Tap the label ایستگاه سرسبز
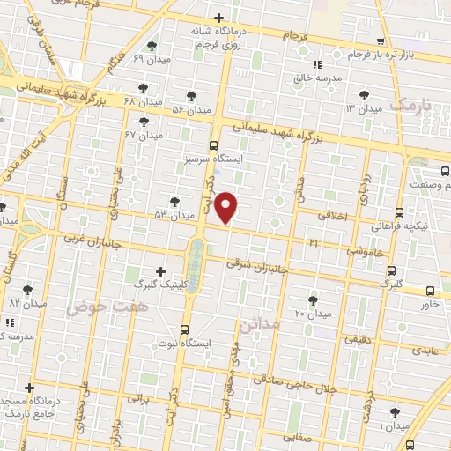[x=213, y=159]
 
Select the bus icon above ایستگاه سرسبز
[x=213, y=145]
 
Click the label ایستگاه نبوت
[x=181, y=341]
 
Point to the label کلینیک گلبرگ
[x=133, y=285]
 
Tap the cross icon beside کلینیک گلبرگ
[x=159, y=271]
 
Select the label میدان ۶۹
[x=151, y=58]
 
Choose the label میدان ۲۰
[x=312, y=314]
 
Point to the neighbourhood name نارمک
[x=411, y=105]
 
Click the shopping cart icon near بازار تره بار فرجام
[x=380, y=41]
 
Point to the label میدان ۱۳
[x=363, y=107]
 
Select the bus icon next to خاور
[x=430, y=291]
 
